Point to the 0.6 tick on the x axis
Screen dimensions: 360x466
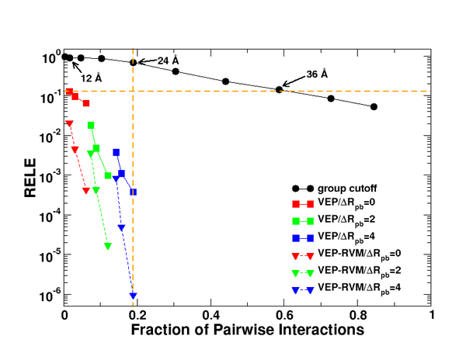(284, 315)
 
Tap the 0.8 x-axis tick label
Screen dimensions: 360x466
(358, 315)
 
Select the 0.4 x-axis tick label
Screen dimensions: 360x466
(211, 315)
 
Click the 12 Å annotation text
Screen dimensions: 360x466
(92, 78)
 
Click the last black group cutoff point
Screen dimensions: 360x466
(374, 107)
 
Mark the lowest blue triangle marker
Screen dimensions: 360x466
(134, 296)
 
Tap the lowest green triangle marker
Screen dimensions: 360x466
(107, 247)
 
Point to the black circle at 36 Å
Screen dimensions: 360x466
(280, 89)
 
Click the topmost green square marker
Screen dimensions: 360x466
(91, 125)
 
